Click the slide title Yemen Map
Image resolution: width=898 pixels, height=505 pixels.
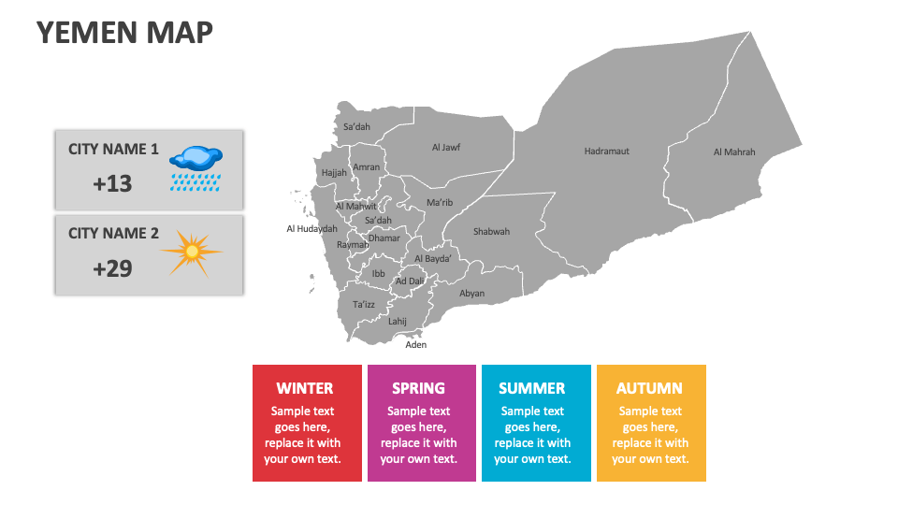tap(124, 33)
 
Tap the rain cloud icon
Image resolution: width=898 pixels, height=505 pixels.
tap(196, 168)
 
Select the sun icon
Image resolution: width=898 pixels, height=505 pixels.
tap(191, 251)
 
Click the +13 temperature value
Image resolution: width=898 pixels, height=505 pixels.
tap(112, 184)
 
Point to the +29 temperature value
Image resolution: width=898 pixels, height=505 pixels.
tap(112, 269)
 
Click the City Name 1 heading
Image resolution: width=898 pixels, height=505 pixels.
tap(113, 149)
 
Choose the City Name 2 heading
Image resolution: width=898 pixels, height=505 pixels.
tap(113, 233)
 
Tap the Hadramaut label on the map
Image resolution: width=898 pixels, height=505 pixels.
tap(606, 151)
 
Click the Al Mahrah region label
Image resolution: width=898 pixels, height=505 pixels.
tap(733, 152)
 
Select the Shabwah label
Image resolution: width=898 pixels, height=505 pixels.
tap(491, 231)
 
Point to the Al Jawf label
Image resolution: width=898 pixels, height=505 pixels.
tap(445, 147)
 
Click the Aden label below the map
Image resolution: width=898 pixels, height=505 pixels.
tap(415, 345)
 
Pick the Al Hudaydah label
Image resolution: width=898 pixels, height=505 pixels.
tap(311, 228)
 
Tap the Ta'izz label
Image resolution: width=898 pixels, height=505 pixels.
tap(363, 304)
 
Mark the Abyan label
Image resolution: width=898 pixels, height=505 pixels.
tap(471, 293)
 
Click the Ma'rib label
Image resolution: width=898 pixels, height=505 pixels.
tap(439, 202)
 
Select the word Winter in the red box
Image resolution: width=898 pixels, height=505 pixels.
tap(305, 388)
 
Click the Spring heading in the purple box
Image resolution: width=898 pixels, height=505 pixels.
tap(418, 388)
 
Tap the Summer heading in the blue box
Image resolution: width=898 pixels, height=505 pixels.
tap(531, 388)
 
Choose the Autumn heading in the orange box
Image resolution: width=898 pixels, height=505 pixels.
tap(649, 388)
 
